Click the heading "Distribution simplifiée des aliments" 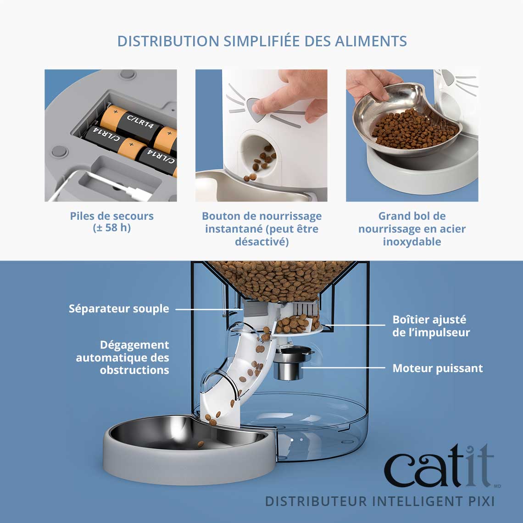(261, 41)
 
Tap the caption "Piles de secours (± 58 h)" (111, 222)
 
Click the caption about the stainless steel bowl (412, 228)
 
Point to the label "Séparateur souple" (119, 309)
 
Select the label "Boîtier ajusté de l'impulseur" (431, 326)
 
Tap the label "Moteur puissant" (437, 368)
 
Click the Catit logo (439, 466)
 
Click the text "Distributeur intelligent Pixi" (380, 501)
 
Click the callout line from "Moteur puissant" (344, 368)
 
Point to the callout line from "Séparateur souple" (206, 309)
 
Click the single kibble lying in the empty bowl (200, 444)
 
